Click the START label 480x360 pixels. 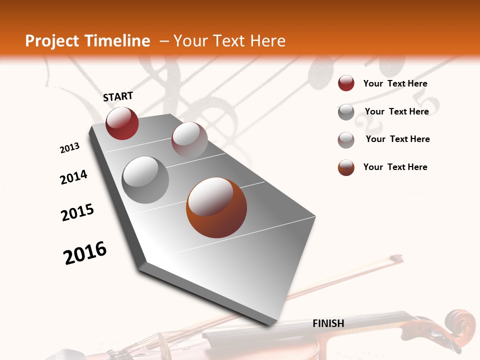[x=118, y=96]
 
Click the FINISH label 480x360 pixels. [x=328, y=323]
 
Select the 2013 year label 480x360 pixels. [x=70, y=148]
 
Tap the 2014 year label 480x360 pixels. [x=74, y=177]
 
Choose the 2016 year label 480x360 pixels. [x=85, y=253]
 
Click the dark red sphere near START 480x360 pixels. [x=122, y=123]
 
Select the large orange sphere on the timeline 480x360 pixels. [x=216, y=207]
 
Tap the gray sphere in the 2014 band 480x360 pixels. [x=145, y=180]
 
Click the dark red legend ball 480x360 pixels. [x=346, y=83]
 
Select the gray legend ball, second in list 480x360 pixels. [x=346, y=112]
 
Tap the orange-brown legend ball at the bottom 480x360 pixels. [x=346, y=167]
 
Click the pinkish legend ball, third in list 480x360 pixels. [x=346, y=139]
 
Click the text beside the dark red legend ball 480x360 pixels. [x=395, y=83]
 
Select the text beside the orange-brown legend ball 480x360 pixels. [x=395, y=167]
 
